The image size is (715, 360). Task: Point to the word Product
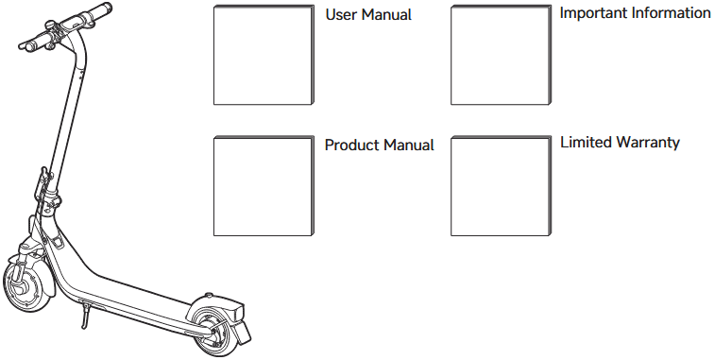(x=351, y=145)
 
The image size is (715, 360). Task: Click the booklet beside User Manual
(x=264, y=55)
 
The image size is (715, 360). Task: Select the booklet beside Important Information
(x=502, y=55)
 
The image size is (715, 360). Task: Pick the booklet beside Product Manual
(x=264, y=186)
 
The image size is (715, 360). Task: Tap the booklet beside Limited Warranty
(x=502, y=186)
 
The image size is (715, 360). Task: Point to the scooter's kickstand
(x=84, y=315)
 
